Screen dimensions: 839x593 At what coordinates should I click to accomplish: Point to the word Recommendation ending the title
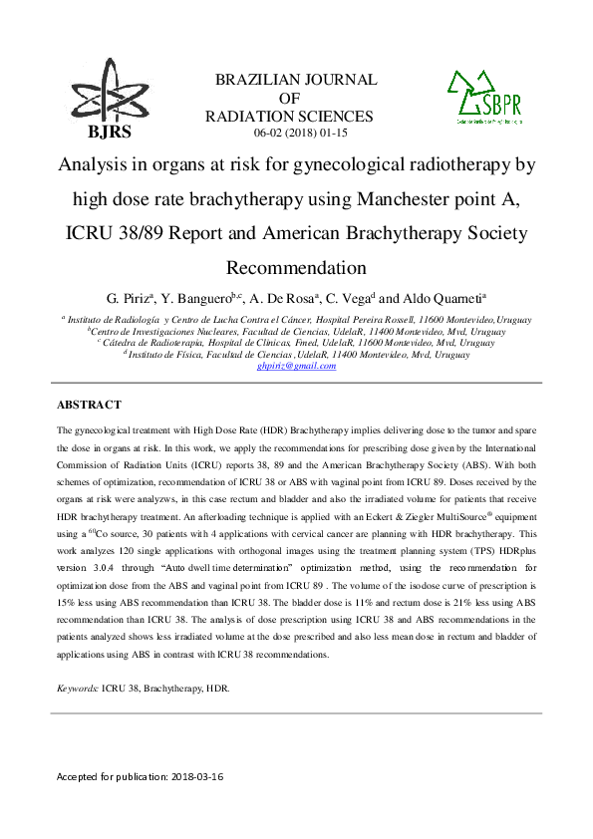(x=297, y=268)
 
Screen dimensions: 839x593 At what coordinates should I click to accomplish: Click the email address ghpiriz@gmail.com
(x=296, y=366)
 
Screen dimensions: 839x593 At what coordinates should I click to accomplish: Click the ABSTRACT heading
(x=89, y=405)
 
